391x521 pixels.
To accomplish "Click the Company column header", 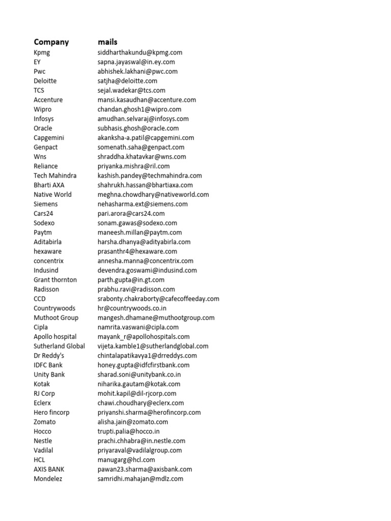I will click(x=51, y=42).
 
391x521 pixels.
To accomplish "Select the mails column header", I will click(x=107, y=42).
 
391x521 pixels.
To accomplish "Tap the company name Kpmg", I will click(x=42, y=52).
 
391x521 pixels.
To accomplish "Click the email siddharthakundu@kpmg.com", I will click(x=140, y=52).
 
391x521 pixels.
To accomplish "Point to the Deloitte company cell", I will click(x=45, y=81).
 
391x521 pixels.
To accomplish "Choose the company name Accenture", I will click(x=48, y=100).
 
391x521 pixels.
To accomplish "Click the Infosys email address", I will click(x=143, y=119).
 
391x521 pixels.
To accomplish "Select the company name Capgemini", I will click(x=49, y=137).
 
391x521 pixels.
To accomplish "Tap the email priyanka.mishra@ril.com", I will click(x=134, y=166).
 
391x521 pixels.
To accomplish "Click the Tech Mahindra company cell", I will click(x=55, y=176).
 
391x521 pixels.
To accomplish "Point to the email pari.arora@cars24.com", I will click(x=131, y=213).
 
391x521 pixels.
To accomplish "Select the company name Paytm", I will click(x=43, y=233).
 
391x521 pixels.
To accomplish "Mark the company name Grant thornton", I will click(x=55, y=280).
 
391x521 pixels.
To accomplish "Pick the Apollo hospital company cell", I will click(x=55, y=337).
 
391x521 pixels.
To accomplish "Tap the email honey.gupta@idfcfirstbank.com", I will click(x=144, y=365).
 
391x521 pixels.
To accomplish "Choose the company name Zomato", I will click(x=45, y=422).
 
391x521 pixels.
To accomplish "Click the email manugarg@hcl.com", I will click(x=126, y=460).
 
